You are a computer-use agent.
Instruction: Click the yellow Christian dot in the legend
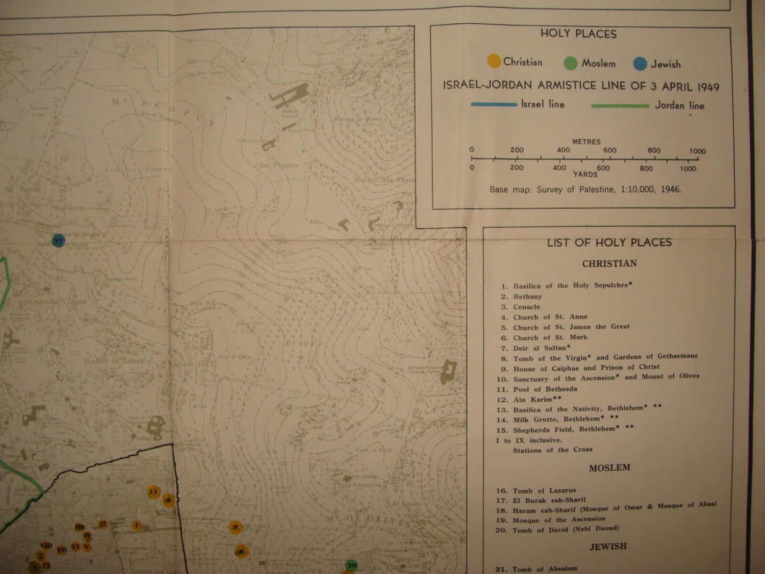(494, 61)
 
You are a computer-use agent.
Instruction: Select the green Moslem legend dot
(570, 63)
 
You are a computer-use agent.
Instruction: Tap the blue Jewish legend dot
(640, 64)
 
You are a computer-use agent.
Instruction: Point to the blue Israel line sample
(493, 104)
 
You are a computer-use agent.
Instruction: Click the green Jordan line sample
(620, 106)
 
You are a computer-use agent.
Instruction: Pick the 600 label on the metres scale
(609, 150)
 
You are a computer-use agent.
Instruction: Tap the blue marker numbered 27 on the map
(58, 240)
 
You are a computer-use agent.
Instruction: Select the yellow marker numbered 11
(154, 492)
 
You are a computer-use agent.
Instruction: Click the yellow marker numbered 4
(168, 499)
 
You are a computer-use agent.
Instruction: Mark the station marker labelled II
(103, 524)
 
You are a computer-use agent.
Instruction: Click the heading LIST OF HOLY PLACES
(609, 243)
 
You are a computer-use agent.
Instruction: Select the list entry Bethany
(527, 297)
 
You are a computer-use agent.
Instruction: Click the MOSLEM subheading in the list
(609, 468)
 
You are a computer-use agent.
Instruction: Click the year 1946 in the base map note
(670, 189)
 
